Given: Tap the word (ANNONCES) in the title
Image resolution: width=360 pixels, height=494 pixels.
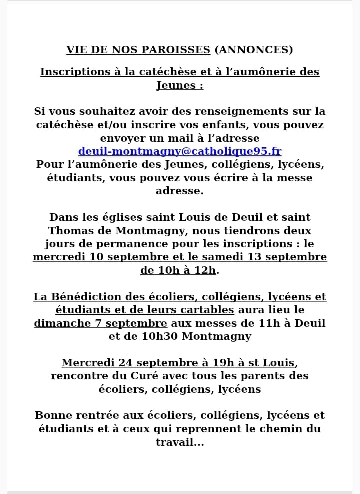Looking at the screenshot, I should click(x=253, y=50).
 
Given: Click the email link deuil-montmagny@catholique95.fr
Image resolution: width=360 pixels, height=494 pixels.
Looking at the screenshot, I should click(x=180, y=151).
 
